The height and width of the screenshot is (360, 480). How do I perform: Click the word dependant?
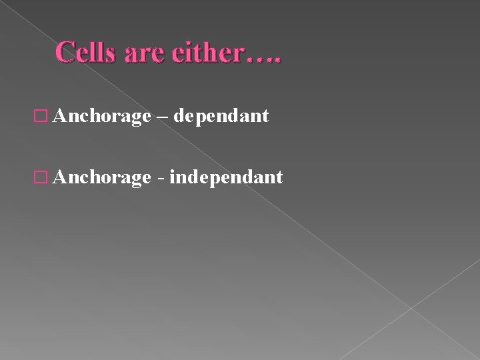point(223,117)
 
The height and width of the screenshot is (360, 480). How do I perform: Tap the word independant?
point(227,177)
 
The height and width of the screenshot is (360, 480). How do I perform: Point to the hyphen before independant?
point(163,179)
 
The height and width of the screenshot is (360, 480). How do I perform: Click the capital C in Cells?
point(65,52)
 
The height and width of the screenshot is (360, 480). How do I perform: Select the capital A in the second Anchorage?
point(59,177)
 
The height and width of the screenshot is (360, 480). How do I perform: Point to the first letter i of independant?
point(173,177)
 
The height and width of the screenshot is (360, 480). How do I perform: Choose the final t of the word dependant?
point(265,117)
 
